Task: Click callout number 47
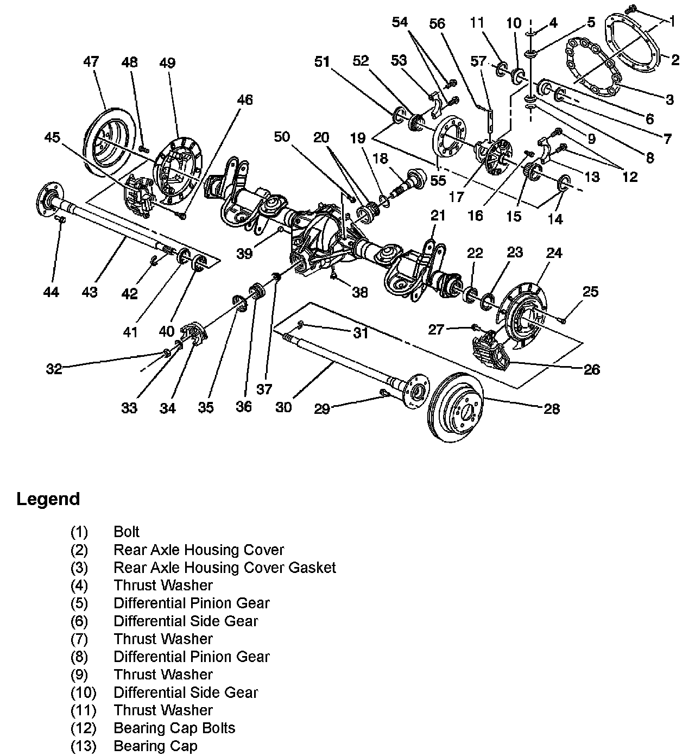click(x=91, y=61)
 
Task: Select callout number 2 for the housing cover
click(x=675, y=59)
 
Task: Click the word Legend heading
click(x=48, y=499)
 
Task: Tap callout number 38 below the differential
click(x=359, y=292)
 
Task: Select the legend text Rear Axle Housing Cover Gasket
click(x=224, y=568)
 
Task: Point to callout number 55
click(x=438, y=181)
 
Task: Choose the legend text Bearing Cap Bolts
click(x=174, y=728)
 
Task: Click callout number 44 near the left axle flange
click(x=51, y=292)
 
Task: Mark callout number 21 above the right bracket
click(x=438, y=216)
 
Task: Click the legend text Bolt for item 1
click(x=127, y=532)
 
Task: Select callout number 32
click(x=54, y=369)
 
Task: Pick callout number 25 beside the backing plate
click(x=590, y=292)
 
